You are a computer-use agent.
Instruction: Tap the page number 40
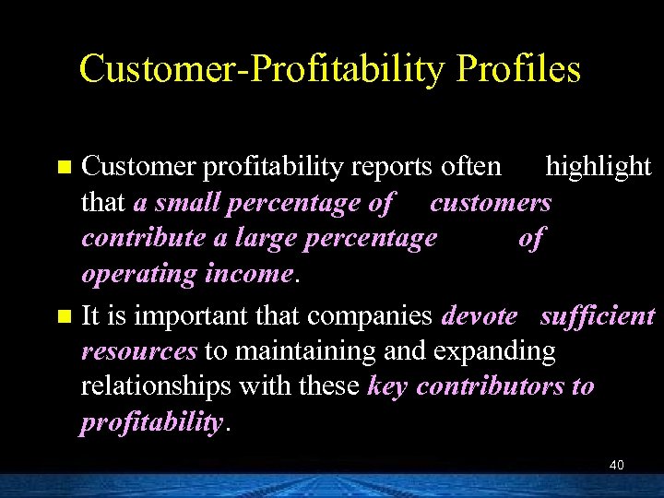click(616, 465)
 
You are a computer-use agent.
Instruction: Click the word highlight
click(599, 166)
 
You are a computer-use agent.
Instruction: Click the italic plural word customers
click(490, 203)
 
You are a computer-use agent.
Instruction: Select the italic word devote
click(480, 315)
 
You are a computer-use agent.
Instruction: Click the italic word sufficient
click(597, 315)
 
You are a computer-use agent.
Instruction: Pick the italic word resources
click(139, 351)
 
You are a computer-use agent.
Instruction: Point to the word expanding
click(497, 352)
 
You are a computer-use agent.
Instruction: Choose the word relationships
click(156, 386)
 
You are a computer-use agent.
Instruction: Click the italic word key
click(388, 387)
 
